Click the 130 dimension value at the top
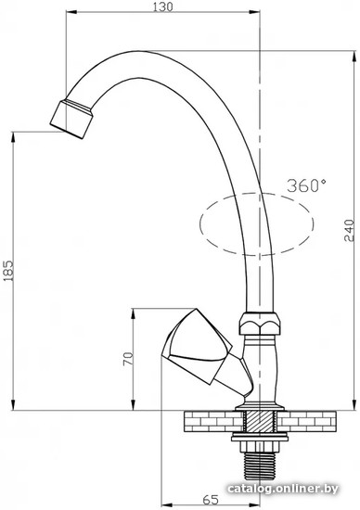click(x=162, y=6)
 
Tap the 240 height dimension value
click(x=349, y=231)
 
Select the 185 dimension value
click(x=9, y=270)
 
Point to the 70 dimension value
click(x=128, y=359)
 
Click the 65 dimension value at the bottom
click(x=211, y=499)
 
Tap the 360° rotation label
click(x=306, y=185)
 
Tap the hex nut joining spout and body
click(x=260, y=324)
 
